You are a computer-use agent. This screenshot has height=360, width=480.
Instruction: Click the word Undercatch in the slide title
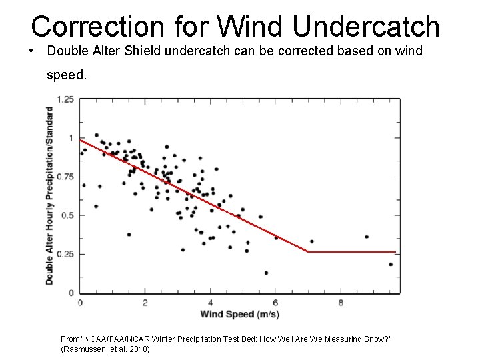(x=365, y=27)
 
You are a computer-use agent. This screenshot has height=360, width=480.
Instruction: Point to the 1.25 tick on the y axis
(x=65, y=100)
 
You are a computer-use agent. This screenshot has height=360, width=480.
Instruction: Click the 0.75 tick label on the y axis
(x=65, y=177)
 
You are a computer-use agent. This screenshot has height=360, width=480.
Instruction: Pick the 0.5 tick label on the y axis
(x=68, y=215)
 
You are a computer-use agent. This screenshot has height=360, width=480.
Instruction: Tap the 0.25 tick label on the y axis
(x=65, y=254)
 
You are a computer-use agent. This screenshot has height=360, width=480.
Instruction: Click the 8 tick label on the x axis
(x=341, y=302)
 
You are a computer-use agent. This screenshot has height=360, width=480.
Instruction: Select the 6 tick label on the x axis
(x=275, y=302)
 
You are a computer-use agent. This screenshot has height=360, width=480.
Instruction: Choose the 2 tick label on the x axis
(x=145, y=302)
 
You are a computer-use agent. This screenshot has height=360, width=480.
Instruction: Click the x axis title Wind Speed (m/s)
(x=239, y=315)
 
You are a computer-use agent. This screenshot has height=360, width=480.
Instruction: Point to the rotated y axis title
(x=50, y=196)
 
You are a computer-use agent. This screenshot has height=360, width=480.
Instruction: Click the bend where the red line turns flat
(x=309, y=252)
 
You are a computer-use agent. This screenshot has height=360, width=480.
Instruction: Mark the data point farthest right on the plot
(x=391, y=264)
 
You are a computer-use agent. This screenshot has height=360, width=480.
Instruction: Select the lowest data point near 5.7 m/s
(x=266, y=273)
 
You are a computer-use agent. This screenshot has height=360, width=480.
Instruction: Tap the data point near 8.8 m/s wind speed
(x=367, y=237)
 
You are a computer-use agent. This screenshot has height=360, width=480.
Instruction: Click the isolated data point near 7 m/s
(x=311, y=241)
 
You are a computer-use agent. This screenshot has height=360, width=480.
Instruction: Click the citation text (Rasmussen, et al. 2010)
(x=105, y=349)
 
